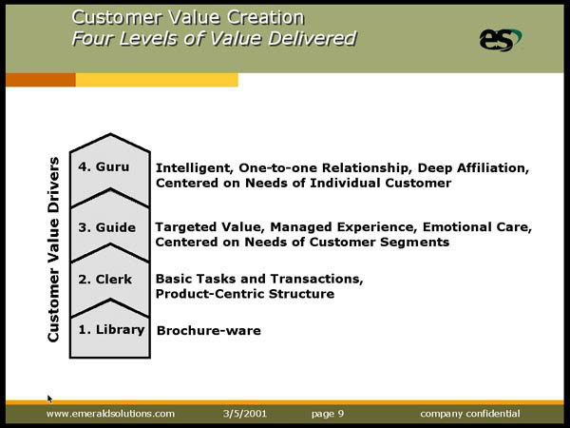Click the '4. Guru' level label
(104, 166)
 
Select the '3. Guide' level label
(106, 227)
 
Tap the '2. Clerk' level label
(104, 279)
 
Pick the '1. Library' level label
(111, 330)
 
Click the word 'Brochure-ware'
(209, 330)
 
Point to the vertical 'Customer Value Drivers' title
(53, 249)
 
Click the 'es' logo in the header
(501, 39)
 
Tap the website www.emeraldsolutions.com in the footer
(110, 414)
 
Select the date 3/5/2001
(245, 414)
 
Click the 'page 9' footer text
(328, 414)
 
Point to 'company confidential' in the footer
(470, 414)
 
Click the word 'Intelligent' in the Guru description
(195, 168)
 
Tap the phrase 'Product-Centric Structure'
(245, 294)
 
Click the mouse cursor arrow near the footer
(49, 399)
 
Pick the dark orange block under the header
(41, 80)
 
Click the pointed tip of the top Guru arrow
(110, 134)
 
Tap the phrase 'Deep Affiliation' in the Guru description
(472, 167)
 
